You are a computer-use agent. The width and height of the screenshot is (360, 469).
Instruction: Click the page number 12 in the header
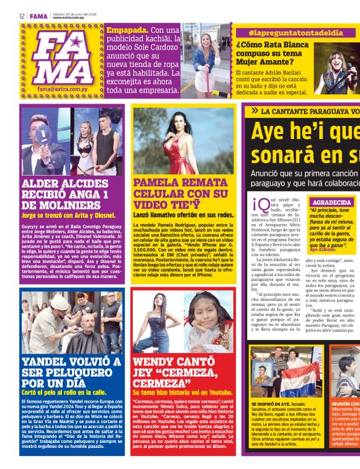21,16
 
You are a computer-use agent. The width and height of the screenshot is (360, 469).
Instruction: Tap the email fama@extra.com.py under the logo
61,89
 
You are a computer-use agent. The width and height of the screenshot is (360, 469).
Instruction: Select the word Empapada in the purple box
127,29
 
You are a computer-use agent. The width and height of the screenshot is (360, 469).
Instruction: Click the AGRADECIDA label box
331,202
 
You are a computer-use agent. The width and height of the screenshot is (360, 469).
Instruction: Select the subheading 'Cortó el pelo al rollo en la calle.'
64,392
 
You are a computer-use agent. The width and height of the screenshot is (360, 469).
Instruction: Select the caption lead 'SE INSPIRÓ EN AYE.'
270,404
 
